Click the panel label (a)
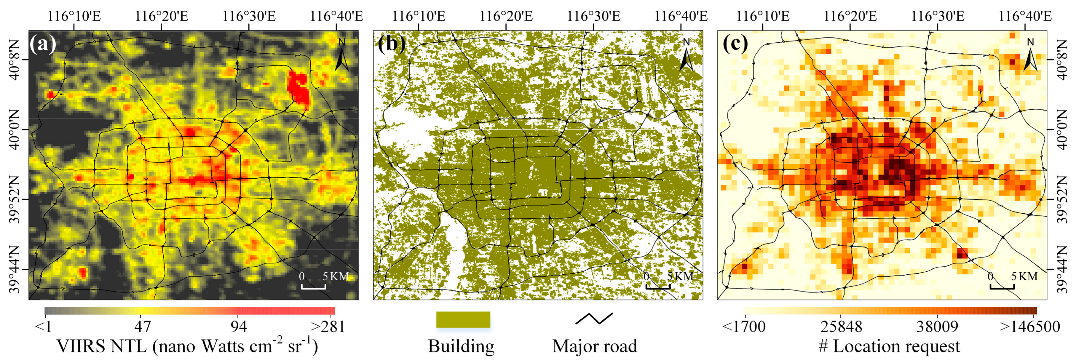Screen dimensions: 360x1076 click(x=43, y=44)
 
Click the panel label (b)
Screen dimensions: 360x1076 click(x=391, y=44)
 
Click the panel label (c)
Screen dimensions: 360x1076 click(x=735, y=44)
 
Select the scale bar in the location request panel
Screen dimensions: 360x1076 click(x=1002, y=287)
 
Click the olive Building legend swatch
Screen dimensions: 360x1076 click(x=463, y=319)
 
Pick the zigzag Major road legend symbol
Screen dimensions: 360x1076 click(x=594, y=318)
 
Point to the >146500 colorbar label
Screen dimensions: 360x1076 click(x=1030, y=326)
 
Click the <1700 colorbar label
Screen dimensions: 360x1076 click(x=743, y=326)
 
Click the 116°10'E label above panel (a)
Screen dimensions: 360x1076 click(x=74, y=16)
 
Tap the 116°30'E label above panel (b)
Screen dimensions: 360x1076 click(x=593, y=16)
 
